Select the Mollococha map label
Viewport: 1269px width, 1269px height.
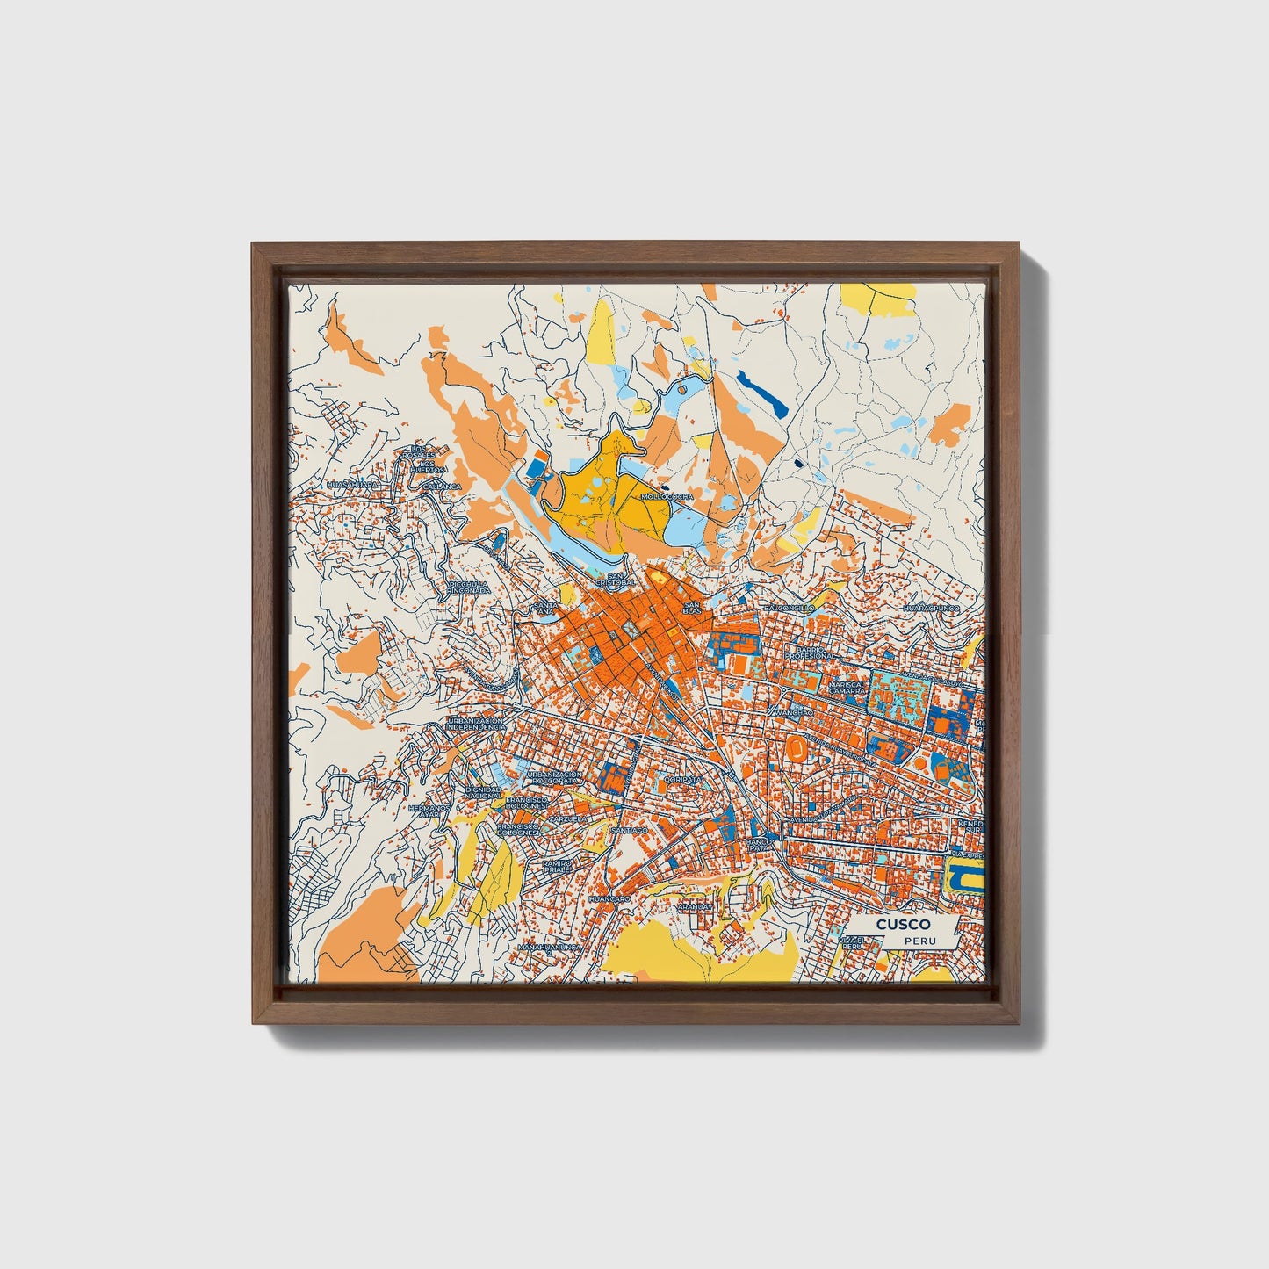click(x=667, y=496)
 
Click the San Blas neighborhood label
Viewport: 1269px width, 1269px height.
click(x=692, y=608)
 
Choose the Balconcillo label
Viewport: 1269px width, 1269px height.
click(x=789, y=608)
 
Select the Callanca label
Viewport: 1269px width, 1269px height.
click(x=442, y=486)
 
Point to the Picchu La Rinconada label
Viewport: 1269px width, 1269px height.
click(x=470, y=587)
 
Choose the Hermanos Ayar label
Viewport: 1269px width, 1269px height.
click(x=429, y=811)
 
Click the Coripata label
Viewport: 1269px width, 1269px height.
click(x=683, y=778)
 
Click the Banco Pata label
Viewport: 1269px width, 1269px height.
click(x=758, y=844)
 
